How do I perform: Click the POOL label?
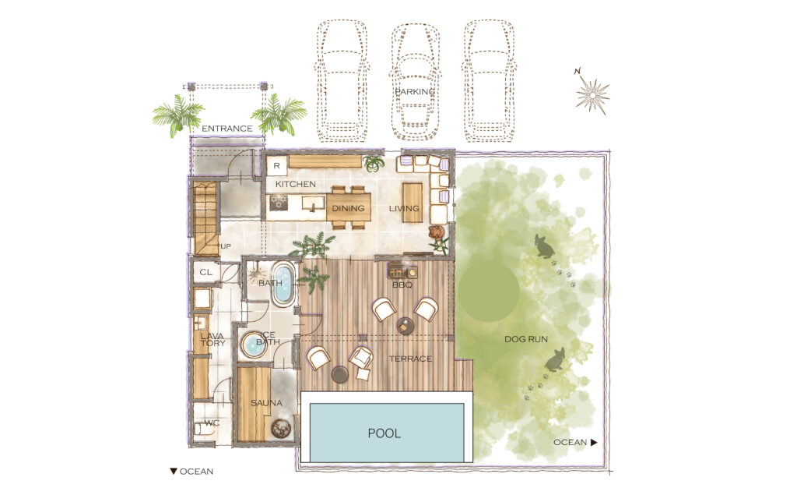coord(384,433)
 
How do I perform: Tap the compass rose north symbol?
coord(592,92)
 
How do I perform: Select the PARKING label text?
coord(416,92)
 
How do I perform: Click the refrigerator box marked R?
coord(277,166)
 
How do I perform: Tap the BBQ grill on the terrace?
coord(402,270)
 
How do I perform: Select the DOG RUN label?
coord(526,339)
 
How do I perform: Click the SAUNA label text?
coord(266,403)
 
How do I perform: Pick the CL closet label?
coord(205,272)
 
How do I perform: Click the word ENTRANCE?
coord(227,129)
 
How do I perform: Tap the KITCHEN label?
coord(295,184)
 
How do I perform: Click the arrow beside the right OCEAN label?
coord(594,443)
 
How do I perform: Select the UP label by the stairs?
coord(226,246)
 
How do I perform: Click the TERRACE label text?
coord(410,359)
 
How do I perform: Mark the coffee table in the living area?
coord(413,203)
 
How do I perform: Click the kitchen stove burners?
coord(279,202)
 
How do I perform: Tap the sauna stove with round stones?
coord(280,428)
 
